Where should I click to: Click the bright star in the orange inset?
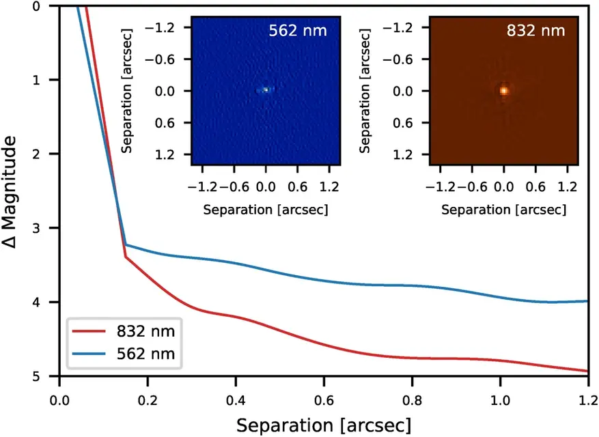(504, 90)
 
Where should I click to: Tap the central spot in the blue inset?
(266, 89)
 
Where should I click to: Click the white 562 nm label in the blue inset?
(298, 31)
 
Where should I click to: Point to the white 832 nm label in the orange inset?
(535, 31)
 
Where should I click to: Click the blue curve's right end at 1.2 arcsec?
(587, 301)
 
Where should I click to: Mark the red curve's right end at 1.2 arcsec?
(587, 371)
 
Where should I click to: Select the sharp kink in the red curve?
(126, 257)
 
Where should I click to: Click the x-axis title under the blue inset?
(266, 210)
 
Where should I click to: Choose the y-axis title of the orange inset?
(364, 91)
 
